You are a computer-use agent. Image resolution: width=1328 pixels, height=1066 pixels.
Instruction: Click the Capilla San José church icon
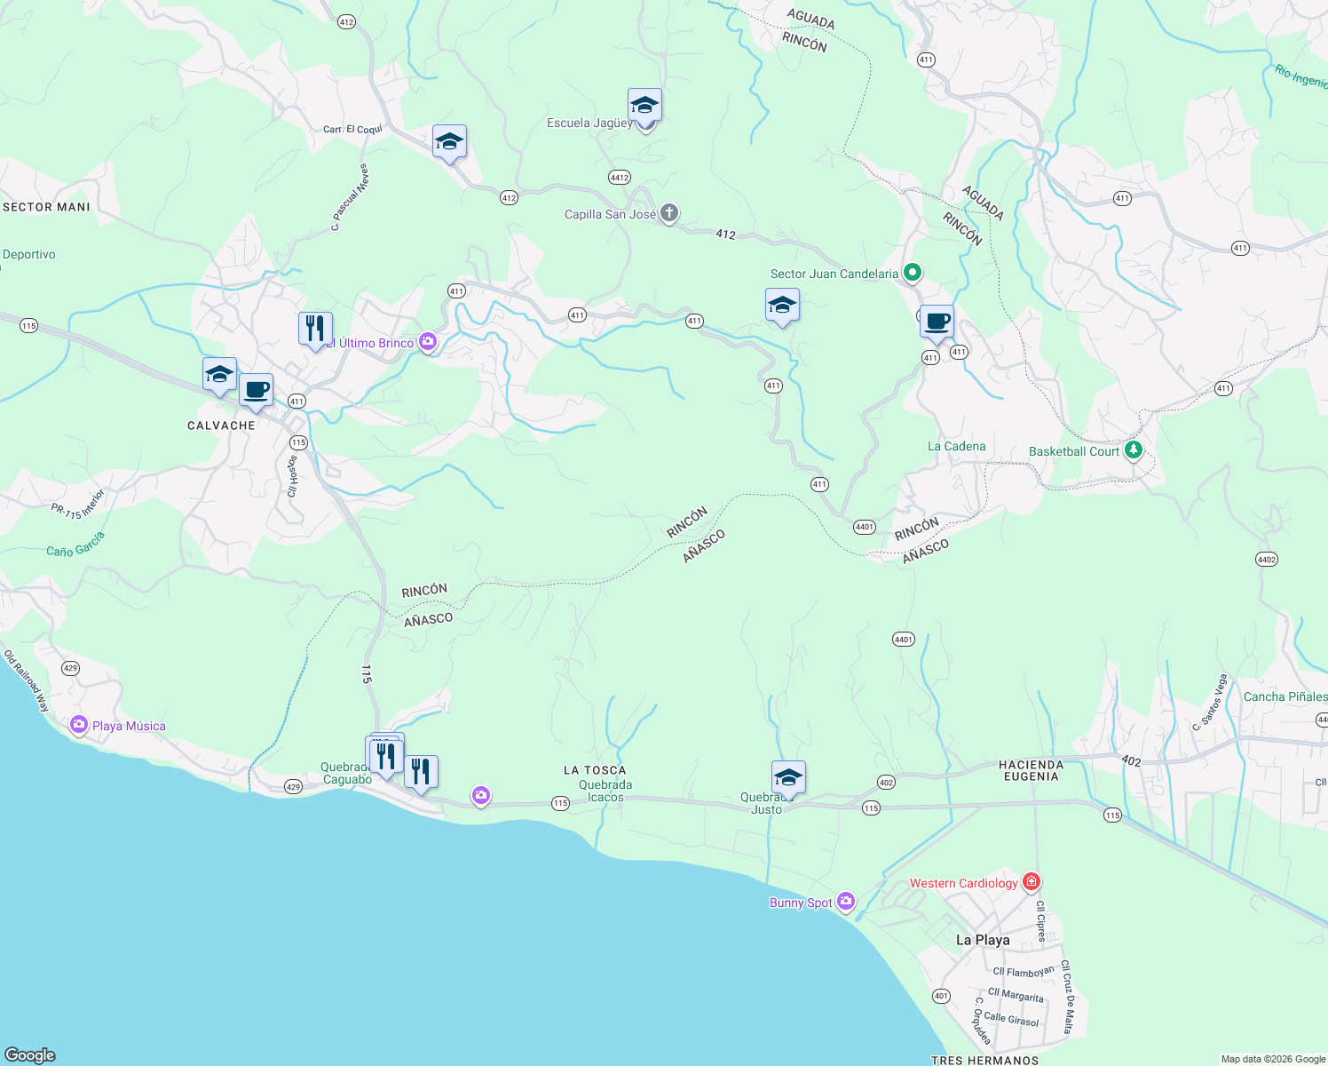coord(669,213)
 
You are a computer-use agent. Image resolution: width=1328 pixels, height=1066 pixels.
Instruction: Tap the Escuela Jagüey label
coord(589,123)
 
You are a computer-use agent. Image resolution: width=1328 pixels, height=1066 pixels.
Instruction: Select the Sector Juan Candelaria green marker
coord(913,273)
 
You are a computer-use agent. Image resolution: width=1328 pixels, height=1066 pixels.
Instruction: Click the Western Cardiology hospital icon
coord(1031,882)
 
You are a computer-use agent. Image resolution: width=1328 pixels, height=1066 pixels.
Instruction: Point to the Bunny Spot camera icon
coord(845,902)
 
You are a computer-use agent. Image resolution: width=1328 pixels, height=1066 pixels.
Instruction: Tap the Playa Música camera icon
coord(79,726)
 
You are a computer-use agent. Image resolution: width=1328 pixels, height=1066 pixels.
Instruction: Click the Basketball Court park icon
coord(1133,450)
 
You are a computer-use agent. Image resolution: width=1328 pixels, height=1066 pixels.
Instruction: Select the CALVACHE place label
coord(221,426)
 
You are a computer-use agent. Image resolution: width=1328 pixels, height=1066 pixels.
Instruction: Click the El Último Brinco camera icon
coord(428,342)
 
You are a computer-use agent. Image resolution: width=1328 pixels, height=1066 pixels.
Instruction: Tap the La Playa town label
coord(983,940)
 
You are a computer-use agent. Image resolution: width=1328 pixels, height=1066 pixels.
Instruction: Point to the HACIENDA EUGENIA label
coord(1031,770)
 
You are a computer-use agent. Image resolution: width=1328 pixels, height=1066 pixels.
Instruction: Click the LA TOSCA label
coord(595,770)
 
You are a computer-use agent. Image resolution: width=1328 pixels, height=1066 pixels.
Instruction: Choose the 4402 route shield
coord(1267,559)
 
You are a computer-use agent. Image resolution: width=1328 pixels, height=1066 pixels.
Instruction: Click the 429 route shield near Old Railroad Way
coord(70,668)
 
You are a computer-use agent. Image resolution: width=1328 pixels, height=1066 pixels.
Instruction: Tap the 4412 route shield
coord(620,178)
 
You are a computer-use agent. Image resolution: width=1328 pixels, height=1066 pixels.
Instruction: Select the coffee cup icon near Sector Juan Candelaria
coord(937,322)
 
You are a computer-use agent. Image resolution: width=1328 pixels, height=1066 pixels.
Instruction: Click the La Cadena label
coord(956,446)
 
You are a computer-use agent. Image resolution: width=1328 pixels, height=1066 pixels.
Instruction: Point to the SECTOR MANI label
coord(46,207)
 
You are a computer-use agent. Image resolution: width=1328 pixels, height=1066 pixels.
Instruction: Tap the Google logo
coord(30,1054)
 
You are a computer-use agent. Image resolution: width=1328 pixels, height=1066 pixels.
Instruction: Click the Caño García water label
coord(75,544)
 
